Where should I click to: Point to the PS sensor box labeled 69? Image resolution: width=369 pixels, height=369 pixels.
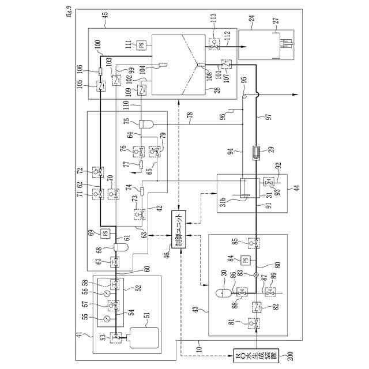pos(106,233)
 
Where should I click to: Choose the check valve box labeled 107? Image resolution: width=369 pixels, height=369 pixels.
pos(225,63)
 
